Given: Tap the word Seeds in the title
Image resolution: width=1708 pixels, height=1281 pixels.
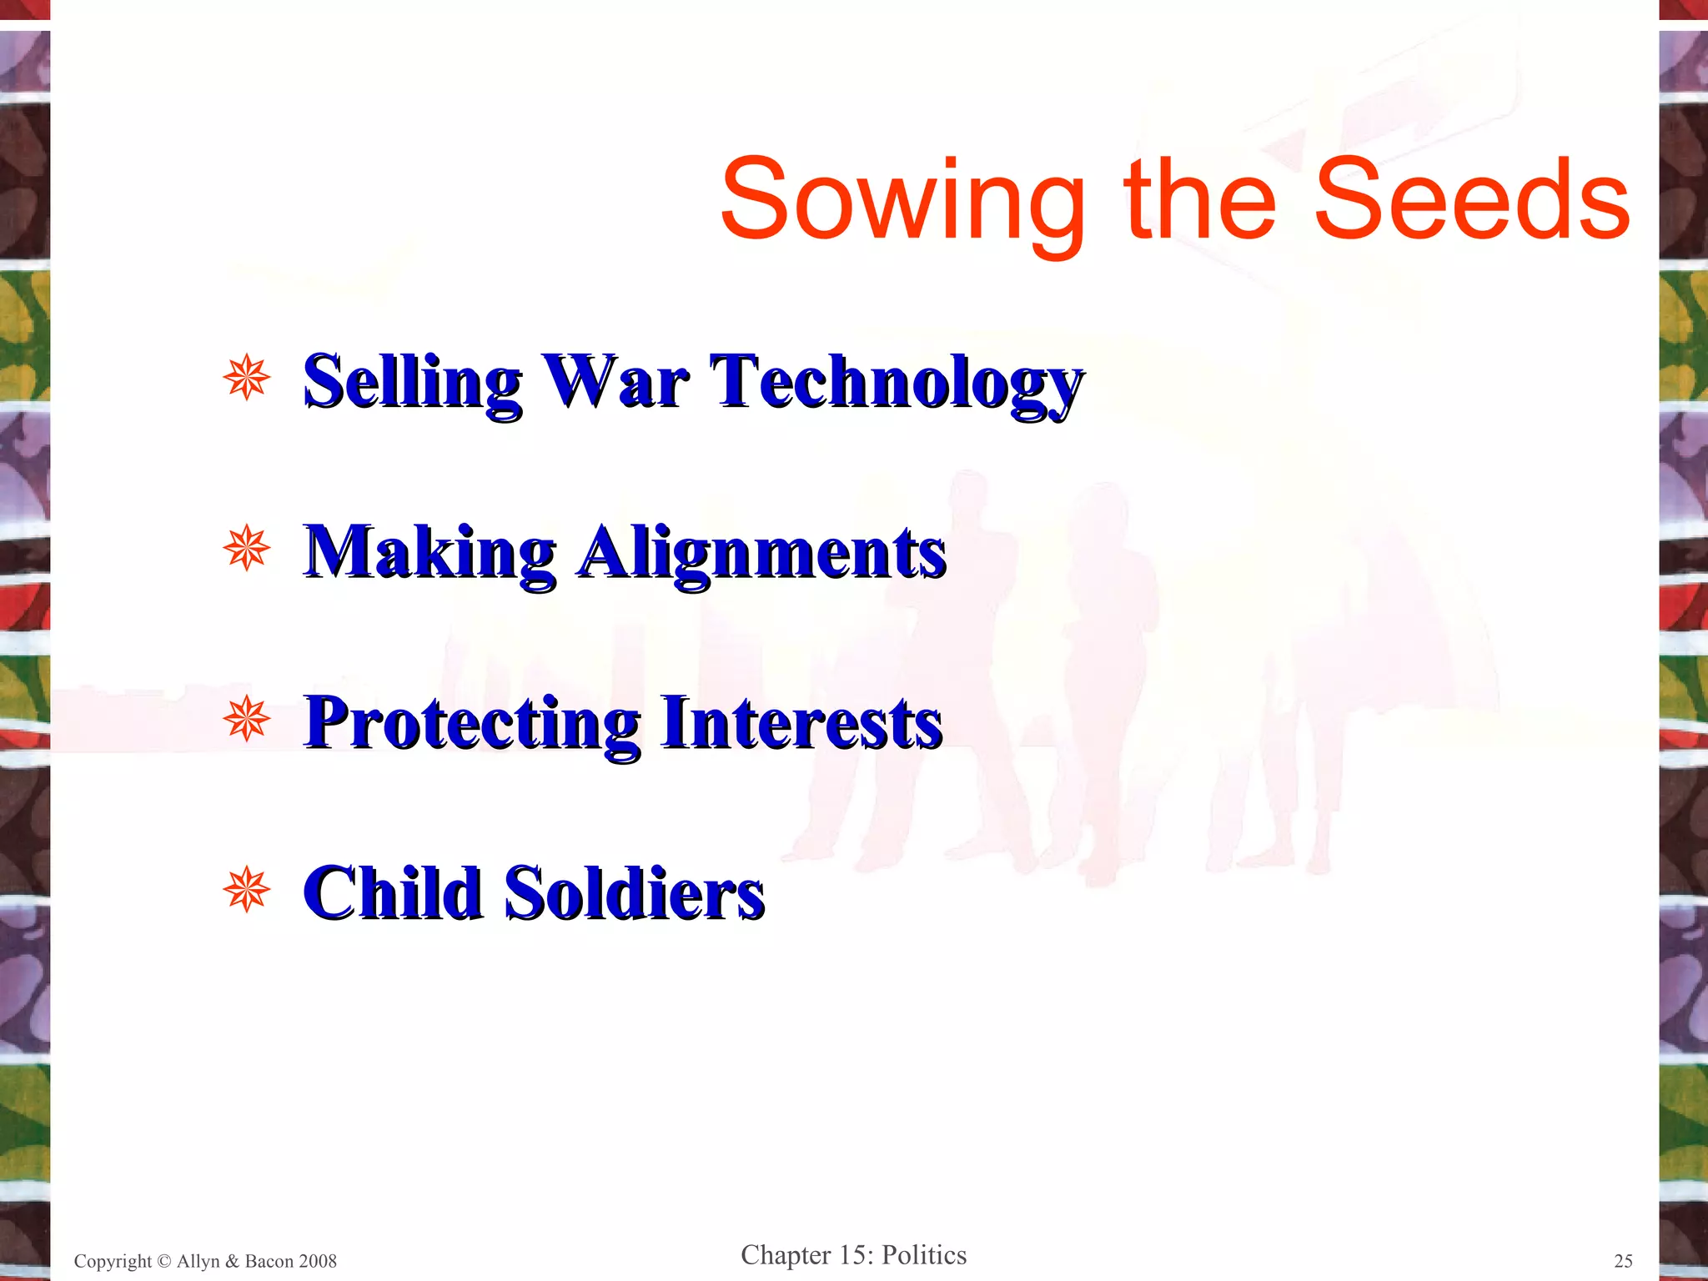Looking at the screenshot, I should click(1471, 200).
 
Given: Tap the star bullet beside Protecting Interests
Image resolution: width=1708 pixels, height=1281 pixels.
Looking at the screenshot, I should click(247, 719).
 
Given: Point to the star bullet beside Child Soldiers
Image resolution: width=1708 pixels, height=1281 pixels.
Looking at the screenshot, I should click(247, 889).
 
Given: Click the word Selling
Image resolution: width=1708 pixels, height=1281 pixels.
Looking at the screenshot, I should click(413, 382).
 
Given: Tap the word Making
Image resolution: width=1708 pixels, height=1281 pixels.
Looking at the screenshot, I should click(430, 552).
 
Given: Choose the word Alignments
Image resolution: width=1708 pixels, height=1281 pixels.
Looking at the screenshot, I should click(761, 552).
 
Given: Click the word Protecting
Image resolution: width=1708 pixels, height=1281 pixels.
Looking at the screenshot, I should click(473, 723).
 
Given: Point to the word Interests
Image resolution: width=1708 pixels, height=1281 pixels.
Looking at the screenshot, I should click(801, 721).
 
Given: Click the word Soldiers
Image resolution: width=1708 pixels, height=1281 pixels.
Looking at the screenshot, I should click(634, 892).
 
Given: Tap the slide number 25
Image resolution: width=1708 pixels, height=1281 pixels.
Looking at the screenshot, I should click(1623, 1261).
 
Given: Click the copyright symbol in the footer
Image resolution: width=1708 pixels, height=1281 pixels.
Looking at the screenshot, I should click(164, 1261).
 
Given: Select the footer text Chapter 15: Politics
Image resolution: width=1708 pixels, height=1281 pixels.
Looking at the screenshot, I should click(853, 1255).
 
